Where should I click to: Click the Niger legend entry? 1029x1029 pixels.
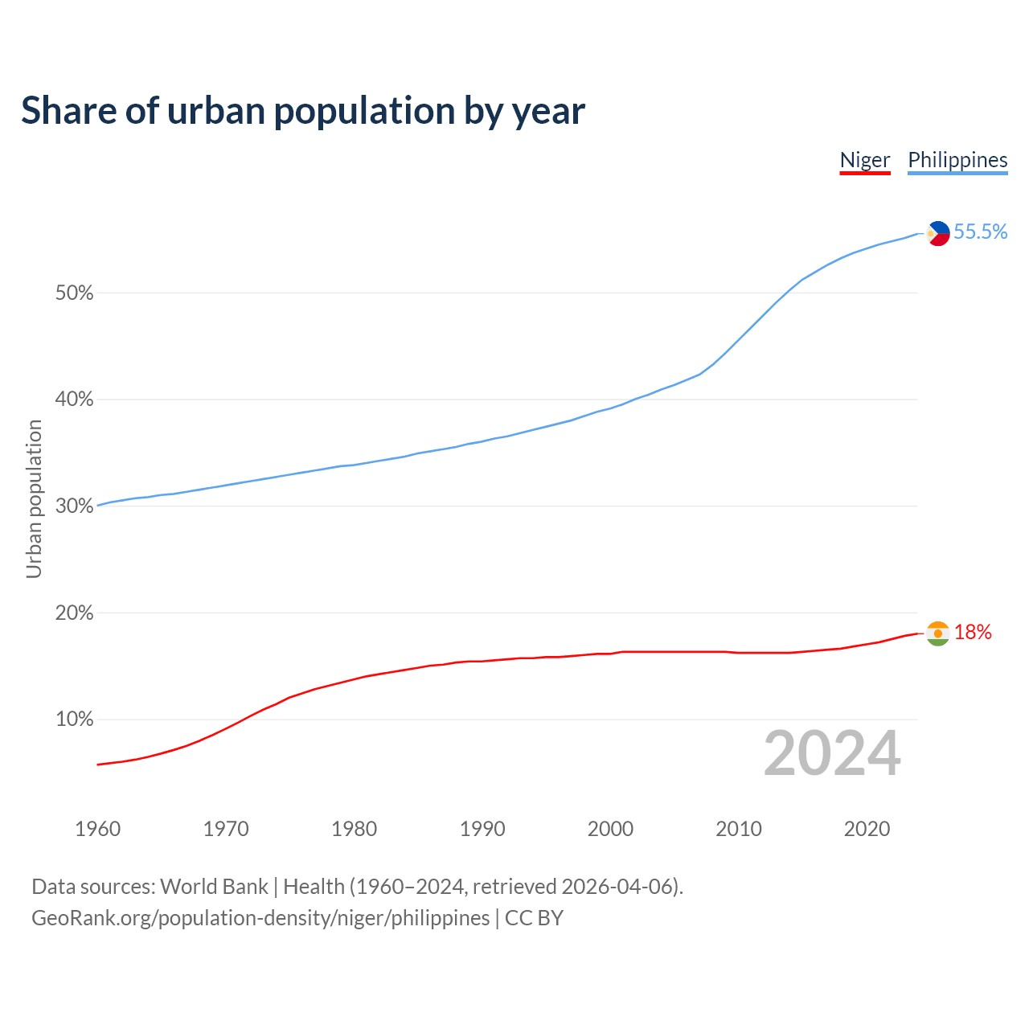[865, 160]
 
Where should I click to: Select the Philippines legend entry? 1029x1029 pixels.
[957, 160]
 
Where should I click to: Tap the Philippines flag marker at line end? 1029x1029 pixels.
[937, 233]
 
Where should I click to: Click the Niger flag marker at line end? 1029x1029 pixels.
[937, 633]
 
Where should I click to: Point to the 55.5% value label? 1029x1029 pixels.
[980, 232]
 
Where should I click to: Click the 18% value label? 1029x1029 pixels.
[973, 633]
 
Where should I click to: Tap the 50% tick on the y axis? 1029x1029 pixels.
[75, 293]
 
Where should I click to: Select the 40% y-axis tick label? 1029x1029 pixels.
[75, 400]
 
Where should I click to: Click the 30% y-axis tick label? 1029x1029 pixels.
[75, 506]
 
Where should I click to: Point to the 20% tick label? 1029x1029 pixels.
[75, 613]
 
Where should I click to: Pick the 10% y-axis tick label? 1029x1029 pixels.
[75, 719]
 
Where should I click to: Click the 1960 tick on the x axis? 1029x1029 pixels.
[97, 829]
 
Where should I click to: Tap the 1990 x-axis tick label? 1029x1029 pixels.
[482, 829]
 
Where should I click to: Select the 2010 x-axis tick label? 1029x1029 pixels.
[739, 829]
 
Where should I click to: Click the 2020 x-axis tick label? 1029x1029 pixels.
[867, 829]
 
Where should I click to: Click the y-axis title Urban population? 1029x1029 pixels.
[34, 498]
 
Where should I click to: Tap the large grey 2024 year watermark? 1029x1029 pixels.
[832, 753]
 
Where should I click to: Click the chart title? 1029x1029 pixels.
[303, 111]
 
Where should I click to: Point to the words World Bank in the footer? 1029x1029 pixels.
[214, 887]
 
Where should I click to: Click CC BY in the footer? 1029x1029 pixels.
[534, 918]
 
